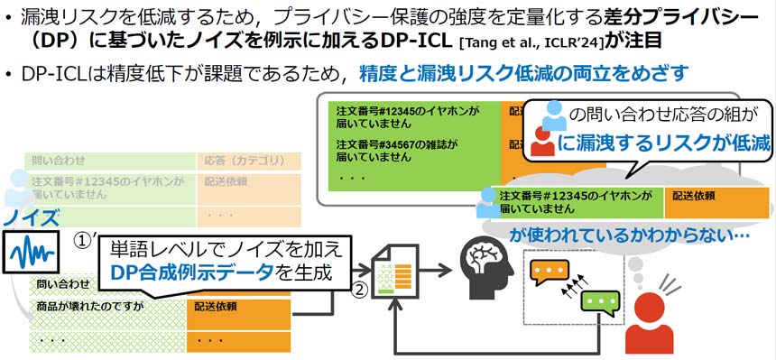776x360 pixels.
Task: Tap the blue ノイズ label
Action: (x=31, y=217)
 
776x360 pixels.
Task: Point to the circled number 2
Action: (x=358, y=290)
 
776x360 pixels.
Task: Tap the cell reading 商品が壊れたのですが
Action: (x=86, y=306)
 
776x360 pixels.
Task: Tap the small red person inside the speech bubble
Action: (x=543, y=138)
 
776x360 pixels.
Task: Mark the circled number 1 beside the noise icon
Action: (x=84, y=242)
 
